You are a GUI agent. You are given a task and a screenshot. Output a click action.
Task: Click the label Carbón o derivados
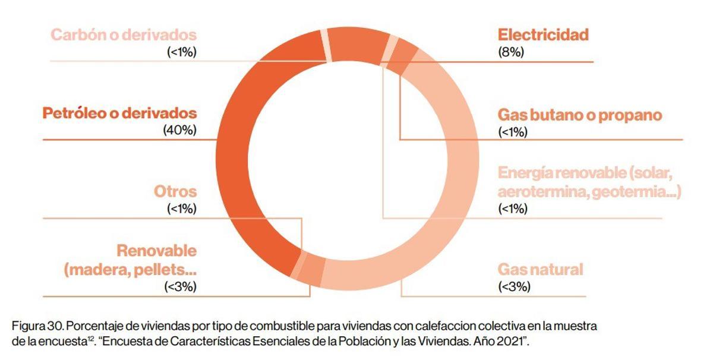(x=124, y=34)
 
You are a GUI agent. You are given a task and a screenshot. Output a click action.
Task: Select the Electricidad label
(x=543, y=34)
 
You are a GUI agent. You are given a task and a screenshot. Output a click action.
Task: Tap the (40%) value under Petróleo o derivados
(x=179, y=130)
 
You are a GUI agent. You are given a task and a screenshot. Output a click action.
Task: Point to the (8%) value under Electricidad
(x=510, y=52)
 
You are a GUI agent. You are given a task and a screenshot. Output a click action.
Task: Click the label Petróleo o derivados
(x=119, y=113)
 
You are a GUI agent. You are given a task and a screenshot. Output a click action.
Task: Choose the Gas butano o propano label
(x=579, y=115)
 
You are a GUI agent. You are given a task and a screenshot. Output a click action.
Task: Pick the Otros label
(x=175, y=192)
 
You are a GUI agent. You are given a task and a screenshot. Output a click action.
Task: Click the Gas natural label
(x=540, y=270)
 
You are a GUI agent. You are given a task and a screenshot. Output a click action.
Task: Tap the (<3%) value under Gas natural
(x=513, y=286)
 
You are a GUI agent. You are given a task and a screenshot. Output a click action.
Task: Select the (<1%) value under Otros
(x=181, y=209)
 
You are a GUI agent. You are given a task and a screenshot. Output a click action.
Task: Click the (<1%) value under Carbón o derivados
(x=181, y=52)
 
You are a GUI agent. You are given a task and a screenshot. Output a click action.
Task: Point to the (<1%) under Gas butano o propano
(x=513, y=132)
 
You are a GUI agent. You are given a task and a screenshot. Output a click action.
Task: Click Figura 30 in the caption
(x=35, y=327)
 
